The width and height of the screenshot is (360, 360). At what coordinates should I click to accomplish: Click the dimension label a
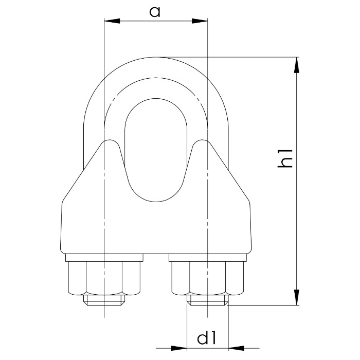tap(155, 12)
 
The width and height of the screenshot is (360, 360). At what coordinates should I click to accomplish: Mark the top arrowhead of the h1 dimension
tap(297, 64)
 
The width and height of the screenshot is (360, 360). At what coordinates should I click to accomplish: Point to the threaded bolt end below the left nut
tap(104, 300)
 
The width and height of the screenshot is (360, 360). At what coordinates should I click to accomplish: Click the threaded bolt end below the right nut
tap(207, 300)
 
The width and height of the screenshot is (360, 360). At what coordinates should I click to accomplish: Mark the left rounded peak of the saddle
tap(109, 142)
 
